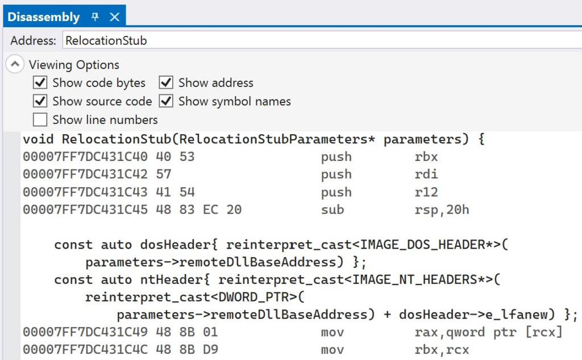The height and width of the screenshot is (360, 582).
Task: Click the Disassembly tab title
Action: click(43, 17)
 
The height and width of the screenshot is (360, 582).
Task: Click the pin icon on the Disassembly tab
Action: click(95, 16)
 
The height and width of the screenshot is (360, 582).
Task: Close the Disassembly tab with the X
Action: click(115, 16)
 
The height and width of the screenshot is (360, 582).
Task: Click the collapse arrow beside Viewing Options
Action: click(15, 64)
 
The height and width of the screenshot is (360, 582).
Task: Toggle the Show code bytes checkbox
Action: click(40, 82)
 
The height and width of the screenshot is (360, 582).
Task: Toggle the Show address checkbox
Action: click(166, 82)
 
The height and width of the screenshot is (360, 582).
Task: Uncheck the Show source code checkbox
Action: click(40, 101)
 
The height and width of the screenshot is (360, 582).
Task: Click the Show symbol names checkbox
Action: click(166, 101)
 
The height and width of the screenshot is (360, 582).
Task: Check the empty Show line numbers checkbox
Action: click(40, 119)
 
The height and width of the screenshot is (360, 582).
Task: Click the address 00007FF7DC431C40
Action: click(85, 156)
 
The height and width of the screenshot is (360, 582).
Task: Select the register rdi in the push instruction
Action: click(426, 174)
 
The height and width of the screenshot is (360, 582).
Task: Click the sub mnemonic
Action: click(332, 209)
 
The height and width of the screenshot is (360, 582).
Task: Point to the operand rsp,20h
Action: click(442, 210)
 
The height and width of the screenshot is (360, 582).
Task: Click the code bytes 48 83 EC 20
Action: click(198, 209)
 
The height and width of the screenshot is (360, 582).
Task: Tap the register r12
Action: click(426, 192)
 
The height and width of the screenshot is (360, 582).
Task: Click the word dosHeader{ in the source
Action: click(179, 245)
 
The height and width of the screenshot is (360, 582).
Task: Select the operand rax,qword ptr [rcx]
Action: click(488, 332)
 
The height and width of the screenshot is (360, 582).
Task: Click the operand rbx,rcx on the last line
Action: click(442, 350)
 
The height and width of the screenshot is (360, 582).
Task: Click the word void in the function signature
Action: click(38, 139)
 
